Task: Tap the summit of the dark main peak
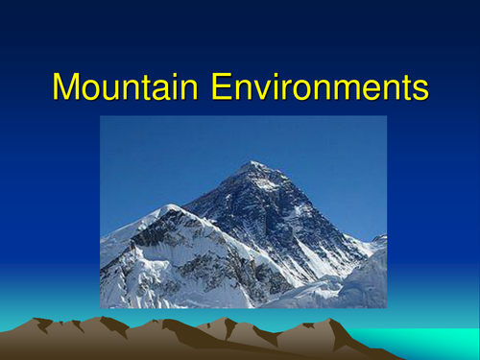252,164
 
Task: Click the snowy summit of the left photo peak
170,207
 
